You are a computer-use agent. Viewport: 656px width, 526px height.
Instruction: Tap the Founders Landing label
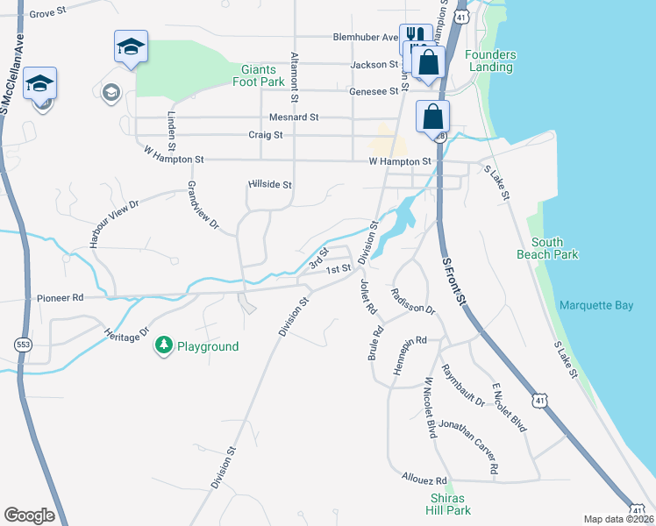[x=490, y=60]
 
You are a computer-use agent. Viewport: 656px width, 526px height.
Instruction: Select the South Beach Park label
[x=554, y=248]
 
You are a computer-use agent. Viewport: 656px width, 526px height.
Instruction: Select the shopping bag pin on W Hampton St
[x=433, y=117]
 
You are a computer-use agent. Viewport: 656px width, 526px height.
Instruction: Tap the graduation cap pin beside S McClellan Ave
[x=39, y=82]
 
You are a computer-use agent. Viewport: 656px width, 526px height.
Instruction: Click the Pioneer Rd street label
[x=60, y=298]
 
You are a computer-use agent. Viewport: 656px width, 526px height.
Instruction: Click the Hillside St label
[x=270, y=185]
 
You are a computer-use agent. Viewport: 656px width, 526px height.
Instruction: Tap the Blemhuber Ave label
[x=365, y=38]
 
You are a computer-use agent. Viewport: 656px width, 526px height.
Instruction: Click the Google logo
[x=29, y=515]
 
